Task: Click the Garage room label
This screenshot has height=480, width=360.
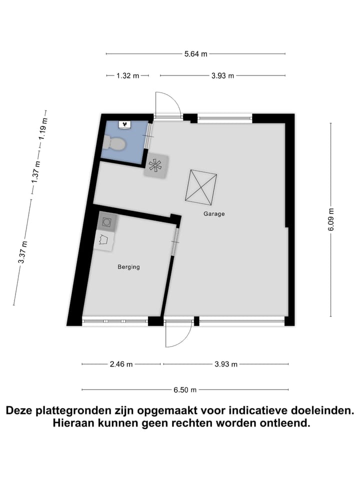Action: pyautogui.click(x=214, y=214)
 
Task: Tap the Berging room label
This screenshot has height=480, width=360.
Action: pyautogui.click(x=128, y=267)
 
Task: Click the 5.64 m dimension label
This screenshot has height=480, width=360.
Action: pyautogui.click(x=196, y=54)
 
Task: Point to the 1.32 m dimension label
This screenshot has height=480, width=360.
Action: pyautogui.click(x=128, y=76)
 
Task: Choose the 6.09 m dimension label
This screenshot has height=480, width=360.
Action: pyautogui.click(x=330, y=218)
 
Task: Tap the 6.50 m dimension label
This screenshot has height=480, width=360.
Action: pyautogui.click(x=185, y=390)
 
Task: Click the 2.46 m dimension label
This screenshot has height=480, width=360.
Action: pyautogui.click(x=121, y=364)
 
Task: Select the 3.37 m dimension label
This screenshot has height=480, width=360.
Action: pyautogui.click(x=22, y=252)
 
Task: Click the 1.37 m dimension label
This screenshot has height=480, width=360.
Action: pyautogui.click(x=35, y=172)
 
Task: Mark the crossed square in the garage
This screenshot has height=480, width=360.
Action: pyautogui.click(x=201, y=186)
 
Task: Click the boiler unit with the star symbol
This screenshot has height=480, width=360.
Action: pyautogui.click(x=156, y=166)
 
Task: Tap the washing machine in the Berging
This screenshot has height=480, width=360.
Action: pyautogui.click(x=107, y=221)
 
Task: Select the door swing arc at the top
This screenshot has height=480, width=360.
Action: pyautogui.click(x=168, y=104)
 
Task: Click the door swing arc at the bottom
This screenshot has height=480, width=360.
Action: pyautogui.click(x=178, y=333)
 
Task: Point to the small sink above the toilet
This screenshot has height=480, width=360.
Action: pyautogui.click(x=124, y=124)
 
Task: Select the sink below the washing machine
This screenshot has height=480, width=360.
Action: pyautogui.click(x=104, y=240)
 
